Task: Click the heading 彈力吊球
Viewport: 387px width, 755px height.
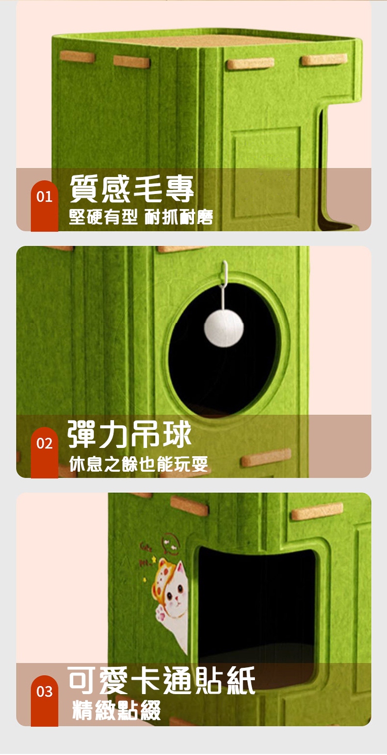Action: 130,435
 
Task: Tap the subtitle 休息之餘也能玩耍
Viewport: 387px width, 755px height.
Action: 138,464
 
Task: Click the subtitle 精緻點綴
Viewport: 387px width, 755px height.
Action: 117,710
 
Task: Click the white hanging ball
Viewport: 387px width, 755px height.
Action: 223,328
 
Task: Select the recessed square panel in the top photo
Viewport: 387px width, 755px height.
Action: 266,155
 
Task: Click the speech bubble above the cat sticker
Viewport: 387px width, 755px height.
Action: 170,542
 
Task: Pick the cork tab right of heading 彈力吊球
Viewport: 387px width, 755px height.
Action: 266,457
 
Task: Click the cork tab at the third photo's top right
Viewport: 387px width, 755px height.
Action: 317,511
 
